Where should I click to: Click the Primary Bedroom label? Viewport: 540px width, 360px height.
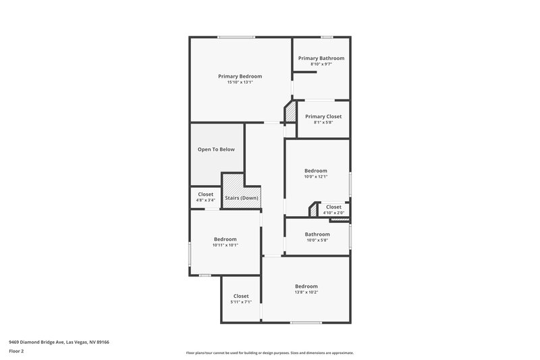point(240,76)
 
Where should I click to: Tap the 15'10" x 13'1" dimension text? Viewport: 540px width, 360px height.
point(240,83)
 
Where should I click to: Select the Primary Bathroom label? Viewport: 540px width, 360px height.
point(321,58)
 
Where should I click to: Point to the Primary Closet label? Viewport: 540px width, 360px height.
point(319,116)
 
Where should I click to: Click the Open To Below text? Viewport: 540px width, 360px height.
point(216,149)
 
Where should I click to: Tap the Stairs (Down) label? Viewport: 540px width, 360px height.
point(242,198)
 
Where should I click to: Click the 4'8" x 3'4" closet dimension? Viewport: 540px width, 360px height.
point(205,200)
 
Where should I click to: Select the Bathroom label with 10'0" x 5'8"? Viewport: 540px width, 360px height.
point(317,234)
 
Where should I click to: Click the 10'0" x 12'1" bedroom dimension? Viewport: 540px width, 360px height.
point(316,177)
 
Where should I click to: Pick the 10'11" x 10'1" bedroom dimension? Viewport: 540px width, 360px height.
point(225,245)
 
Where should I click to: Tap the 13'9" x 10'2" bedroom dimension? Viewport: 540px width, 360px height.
point(306,292)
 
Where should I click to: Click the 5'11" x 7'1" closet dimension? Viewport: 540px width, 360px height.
point(241,302)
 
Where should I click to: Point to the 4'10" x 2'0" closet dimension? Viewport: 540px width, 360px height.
point(333,213)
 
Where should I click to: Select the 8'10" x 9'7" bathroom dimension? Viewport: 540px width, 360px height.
point(321,64)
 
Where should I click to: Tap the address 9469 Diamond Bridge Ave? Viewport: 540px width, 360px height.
point(58,342)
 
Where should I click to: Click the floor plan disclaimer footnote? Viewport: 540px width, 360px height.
point(269,353)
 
